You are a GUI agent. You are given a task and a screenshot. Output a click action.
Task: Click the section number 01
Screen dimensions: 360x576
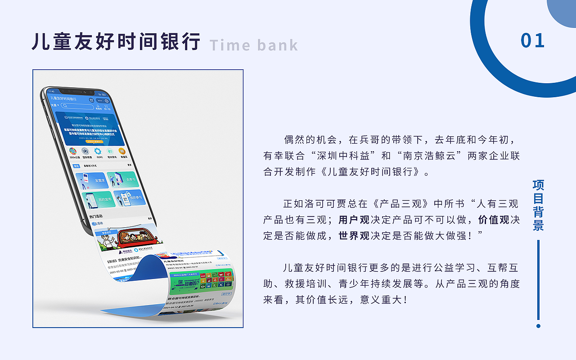pos(532,40)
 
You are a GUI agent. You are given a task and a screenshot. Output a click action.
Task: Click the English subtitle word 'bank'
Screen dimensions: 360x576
pos(278,45)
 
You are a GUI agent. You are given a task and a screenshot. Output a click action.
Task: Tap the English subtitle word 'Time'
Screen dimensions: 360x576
pos(229,45)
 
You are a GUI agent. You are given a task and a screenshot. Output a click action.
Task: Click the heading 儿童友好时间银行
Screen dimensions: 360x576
pos(116,41)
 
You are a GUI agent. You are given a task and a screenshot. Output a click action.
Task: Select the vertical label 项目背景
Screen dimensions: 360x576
pos(538,205)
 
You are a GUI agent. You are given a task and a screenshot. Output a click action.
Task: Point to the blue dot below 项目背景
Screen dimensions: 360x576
pos(538,326)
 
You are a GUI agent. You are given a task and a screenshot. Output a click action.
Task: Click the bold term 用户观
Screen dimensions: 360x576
pos(354,220)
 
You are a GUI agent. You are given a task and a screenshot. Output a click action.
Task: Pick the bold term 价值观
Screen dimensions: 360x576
pos(494,220)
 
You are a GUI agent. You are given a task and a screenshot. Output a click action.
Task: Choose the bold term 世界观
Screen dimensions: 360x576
pos(354,236)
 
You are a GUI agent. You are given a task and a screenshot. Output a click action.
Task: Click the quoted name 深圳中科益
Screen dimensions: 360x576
pos(343,156)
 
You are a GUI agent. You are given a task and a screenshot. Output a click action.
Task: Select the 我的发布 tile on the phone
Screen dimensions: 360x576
pos(100,199)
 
